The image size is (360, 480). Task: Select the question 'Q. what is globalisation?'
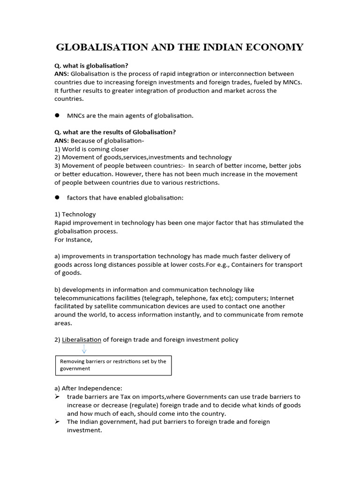[x=91, y=66]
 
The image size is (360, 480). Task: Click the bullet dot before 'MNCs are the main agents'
[x=58, y=115]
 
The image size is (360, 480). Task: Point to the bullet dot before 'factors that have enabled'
[x=58, y=198]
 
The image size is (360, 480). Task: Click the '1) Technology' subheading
[x=75, y=214]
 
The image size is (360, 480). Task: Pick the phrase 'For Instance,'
[x=74, y=240]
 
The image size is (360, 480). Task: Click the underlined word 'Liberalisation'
[x=82, y=339]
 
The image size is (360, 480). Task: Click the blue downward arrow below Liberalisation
[x=84, y=349]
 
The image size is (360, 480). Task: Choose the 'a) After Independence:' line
[x=88, y=388]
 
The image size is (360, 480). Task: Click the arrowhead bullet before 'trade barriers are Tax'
[x=57, y=397]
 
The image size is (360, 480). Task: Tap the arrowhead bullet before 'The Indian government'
[x=57, y=422]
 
